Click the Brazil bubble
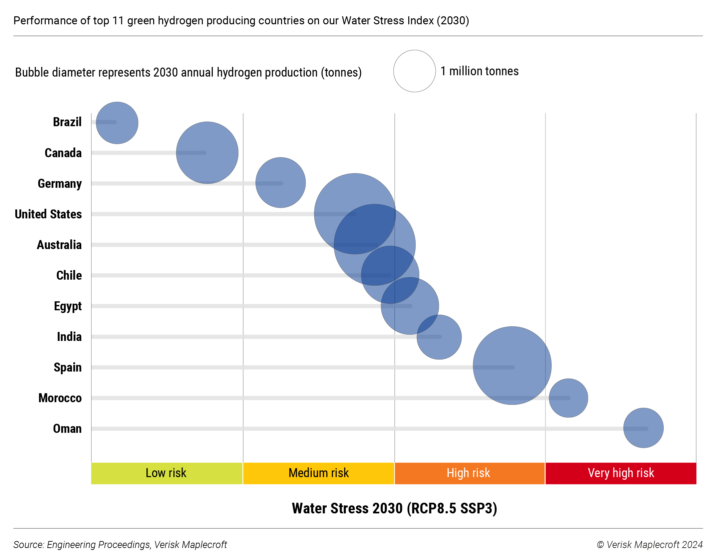tap(117, 123)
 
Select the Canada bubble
tap(207, 152)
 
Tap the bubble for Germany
tap(280, 182)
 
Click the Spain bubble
tap(512, 366)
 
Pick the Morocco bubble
tap(568, 398)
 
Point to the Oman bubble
tap(643, 428)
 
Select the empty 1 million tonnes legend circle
tap(414, 71)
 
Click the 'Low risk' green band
tap(167, 473)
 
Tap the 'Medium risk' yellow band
tap(318, 473)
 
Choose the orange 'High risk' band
tap(469, 473)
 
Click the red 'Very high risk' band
tap(620, 473)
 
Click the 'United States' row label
tap(48, 214)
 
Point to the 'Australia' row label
tap(59, 245)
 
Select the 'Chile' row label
tap(69, 275)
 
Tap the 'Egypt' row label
tap(68, 306)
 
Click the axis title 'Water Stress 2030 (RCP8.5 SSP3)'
tap(394, 508)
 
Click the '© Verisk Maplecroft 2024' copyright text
tap(649, 545)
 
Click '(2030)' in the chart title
tap(453, 21)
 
